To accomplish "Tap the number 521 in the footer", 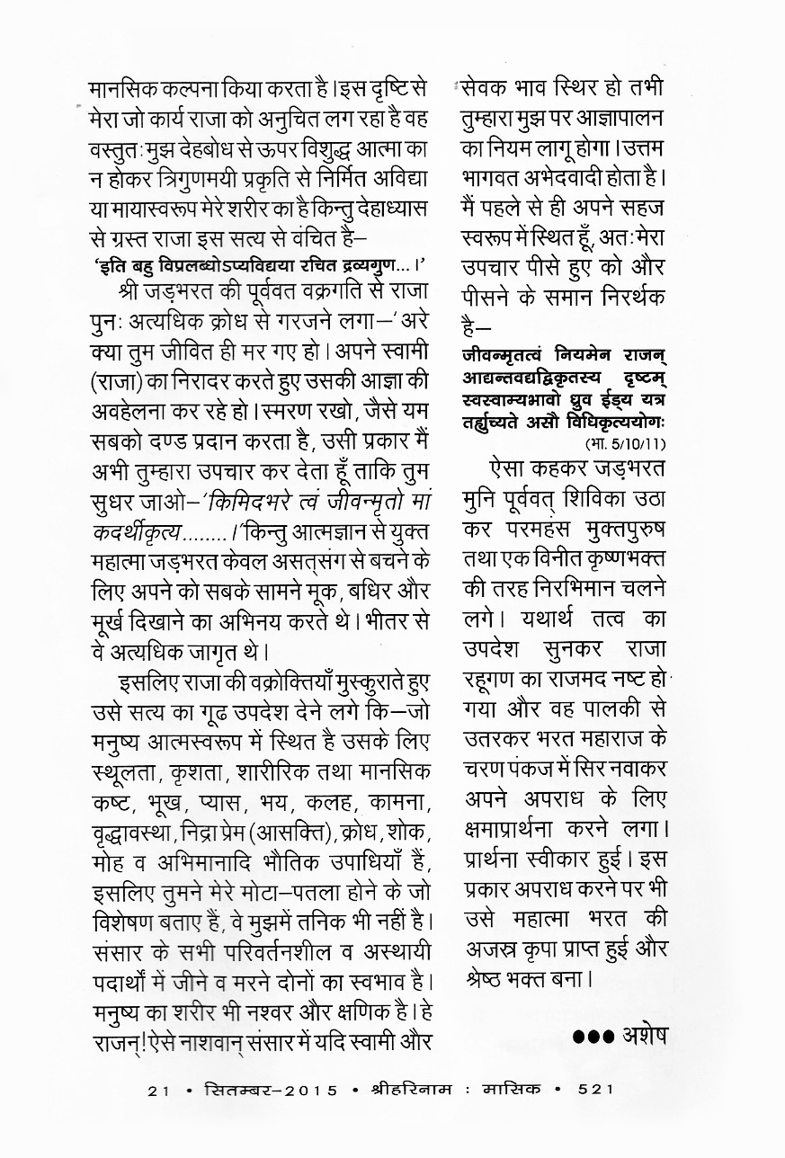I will click(x=596, y=1090).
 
